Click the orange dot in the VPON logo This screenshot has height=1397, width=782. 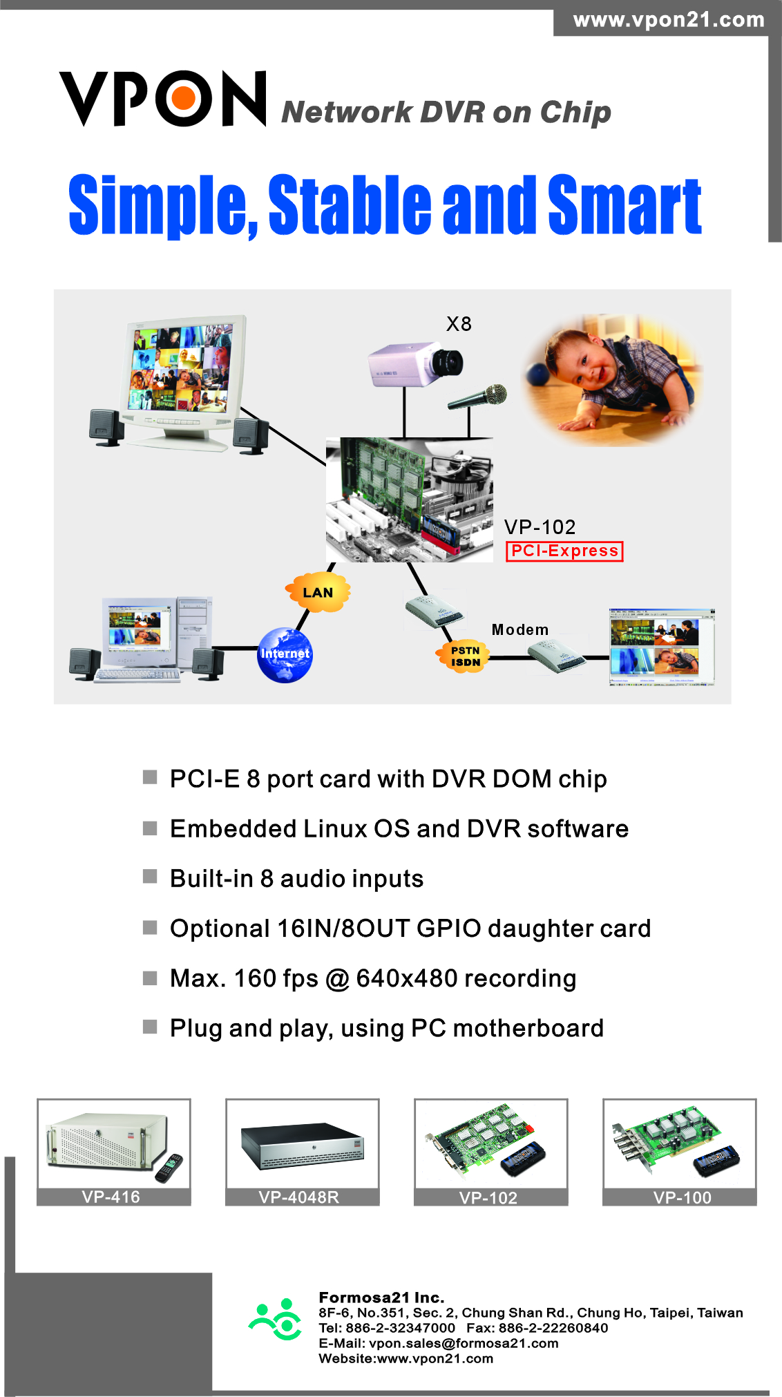(184, 99)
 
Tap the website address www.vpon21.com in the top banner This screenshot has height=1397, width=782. (669, 20)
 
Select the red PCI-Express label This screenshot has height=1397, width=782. (564, 551)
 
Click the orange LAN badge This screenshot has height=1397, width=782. (318, 592)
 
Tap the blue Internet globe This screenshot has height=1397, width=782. (285, 655)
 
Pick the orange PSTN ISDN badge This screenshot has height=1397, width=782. (465, 656)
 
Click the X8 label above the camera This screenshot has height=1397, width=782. (459, 324)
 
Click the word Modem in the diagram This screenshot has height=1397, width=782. (520, 629)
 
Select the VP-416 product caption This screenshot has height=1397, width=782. (111, 1197)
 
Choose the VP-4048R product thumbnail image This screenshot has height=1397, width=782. (302, 1144)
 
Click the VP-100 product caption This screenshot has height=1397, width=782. (682, 1197)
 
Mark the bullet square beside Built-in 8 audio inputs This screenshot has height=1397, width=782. (150, 877)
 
